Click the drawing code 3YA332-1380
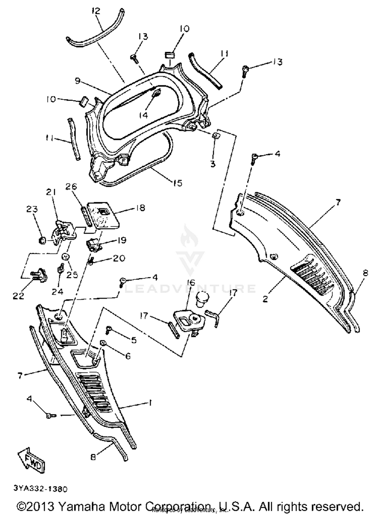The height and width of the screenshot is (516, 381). point(41,489)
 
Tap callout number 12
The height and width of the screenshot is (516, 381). point(96,11)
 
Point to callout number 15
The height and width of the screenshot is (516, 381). point(178,183)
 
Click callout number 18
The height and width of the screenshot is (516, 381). point(140,208)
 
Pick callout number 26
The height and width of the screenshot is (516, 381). point(71,187)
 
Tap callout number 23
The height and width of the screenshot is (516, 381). point(32,209)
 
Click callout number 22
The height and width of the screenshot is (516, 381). point(19,296)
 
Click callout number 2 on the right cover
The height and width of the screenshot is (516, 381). point(265,299)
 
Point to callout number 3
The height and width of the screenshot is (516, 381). point(213,164)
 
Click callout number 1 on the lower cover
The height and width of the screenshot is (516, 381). point(150,403)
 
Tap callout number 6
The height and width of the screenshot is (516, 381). point(128,356)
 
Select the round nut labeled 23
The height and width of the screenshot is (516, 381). point(42,240)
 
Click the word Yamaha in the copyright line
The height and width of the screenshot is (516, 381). point(82,507)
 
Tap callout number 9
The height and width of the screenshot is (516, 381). point(78,81)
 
